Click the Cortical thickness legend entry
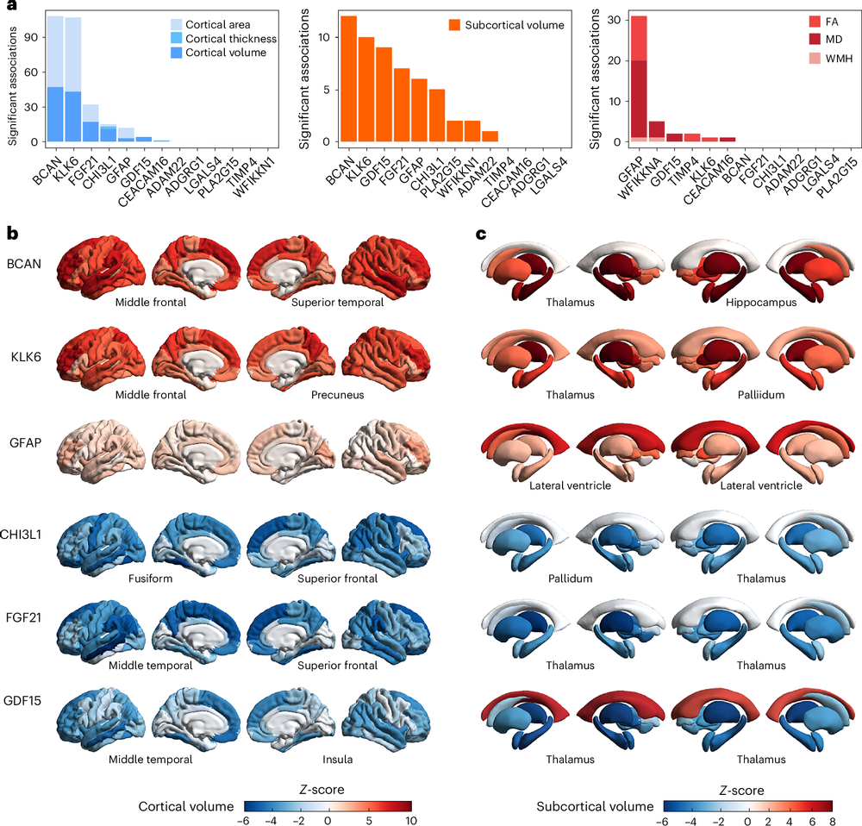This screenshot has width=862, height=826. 235,39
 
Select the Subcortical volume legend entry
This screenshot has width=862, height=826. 515,25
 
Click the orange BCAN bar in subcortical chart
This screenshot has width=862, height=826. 348,78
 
